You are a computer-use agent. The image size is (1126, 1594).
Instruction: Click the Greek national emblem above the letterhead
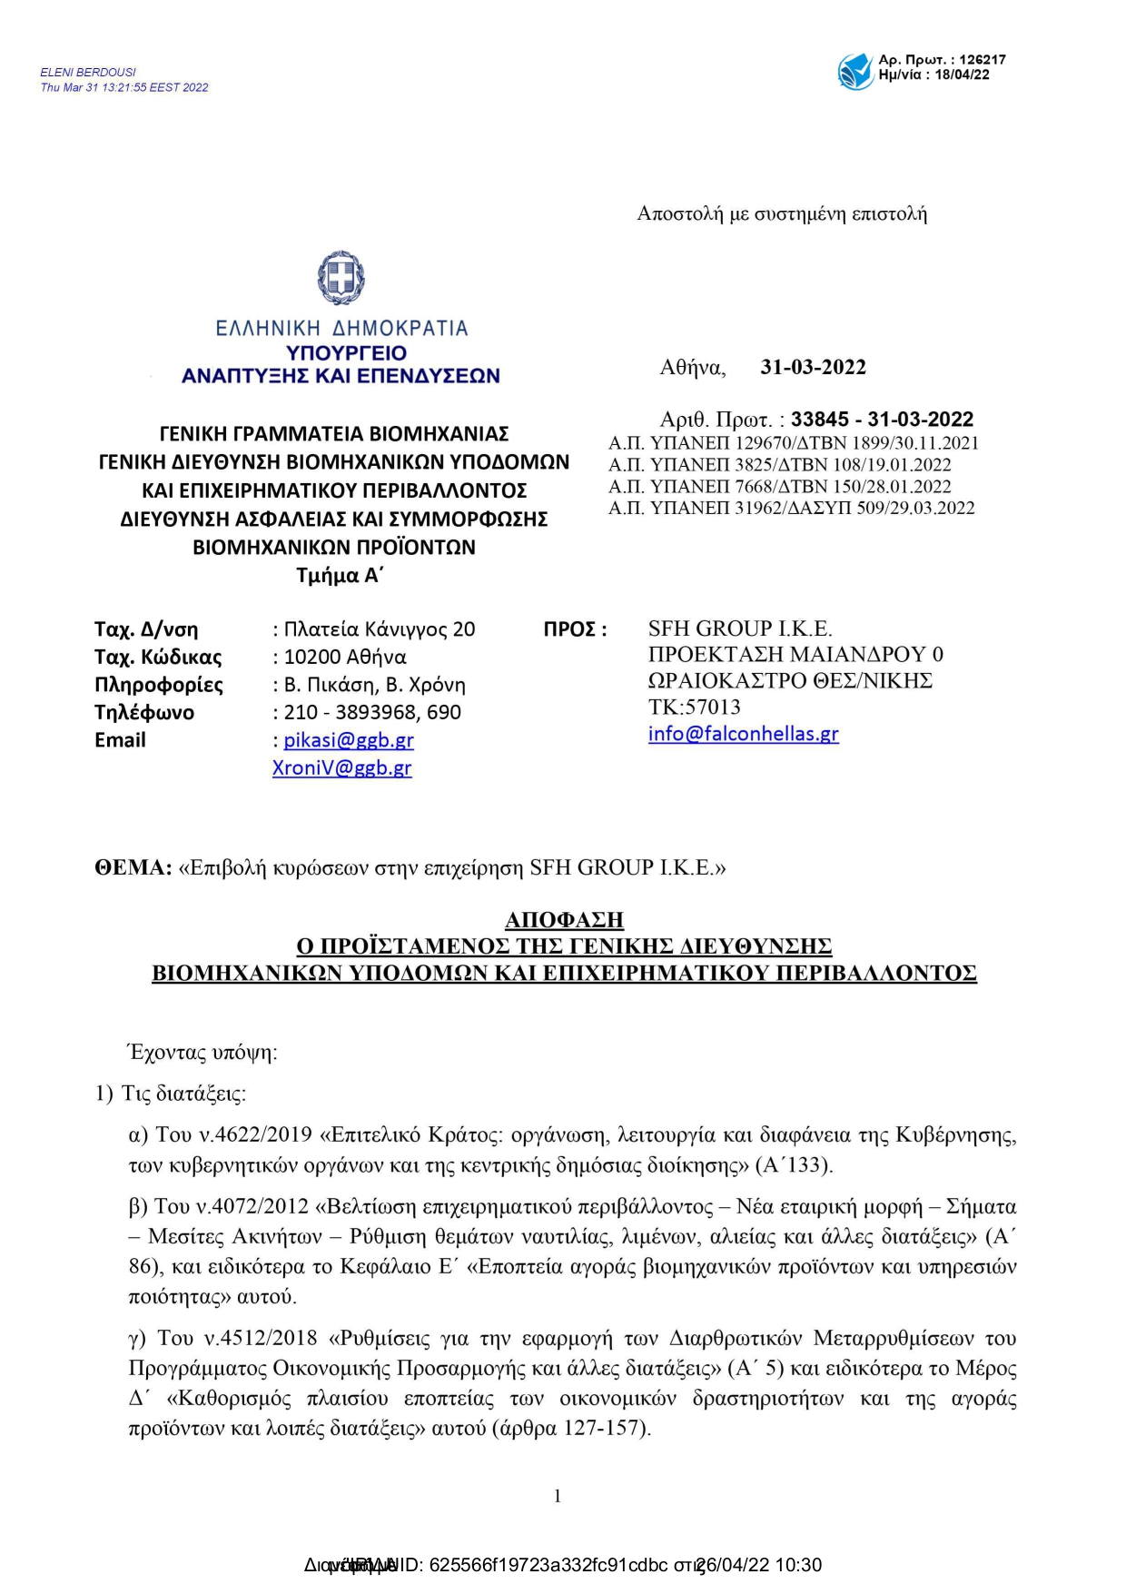pyautogui.click(x=341, y=278)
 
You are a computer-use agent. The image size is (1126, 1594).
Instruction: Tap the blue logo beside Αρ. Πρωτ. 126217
pyautogui.click(x=854, y=71)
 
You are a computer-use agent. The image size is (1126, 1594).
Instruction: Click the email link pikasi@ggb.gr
pyautogui.click(x=349, y=740)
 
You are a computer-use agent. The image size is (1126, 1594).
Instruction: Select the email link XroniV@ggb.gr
pyautogui.click(x=342, y=768)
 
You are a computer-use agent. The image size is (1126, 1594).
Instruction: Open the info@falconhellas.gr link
pyautogui.click(x=743, y=734)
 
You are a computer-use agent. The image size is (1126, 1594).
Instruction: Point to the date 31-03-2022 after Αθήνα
pyautogui.click(x=813, y=368)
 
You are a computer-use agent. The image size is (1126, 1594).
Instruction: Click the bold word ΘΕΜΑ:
pyautogui.click(x=133, y=868)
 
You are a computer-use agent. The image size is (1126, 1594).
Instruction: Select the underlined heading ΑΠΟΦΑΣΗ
pyautogui.click(x=564, y=920)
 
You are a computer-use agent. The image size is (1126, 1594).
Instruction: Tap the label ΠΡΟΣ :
pyautogui.click(x=575, y=629)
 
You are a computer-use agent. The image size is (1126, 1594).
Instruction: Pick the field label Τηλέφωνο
pyautogui.click(x=143, y=713)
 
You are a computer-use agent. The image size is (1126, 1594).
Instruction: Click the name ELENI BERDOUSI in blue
pyautogui.click(x=88, y=73)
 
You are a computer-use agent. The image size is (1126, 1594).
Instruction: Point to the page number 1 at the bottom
pyautogui.click(x=558, y=1496)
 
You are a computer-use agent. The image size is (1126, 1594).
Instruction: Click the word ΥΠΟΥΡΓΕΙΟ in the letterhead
pyautogui.click(x=346, y=353)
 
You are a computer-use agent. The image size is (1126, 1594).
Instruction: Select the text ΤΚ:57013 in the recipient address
pyautogui.click(x=694, y=708)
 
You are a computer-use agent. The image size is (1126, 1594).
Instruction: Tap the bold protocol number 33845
pyautogui.click(x=819, y=420)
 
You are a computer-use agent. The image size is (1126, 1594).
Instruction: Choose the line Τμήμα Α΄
pyautogui.click(x=341, y=576)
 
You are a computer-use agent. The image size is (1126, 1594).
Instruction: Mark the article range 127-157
pyautogui.click(x=604, y=1428)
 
